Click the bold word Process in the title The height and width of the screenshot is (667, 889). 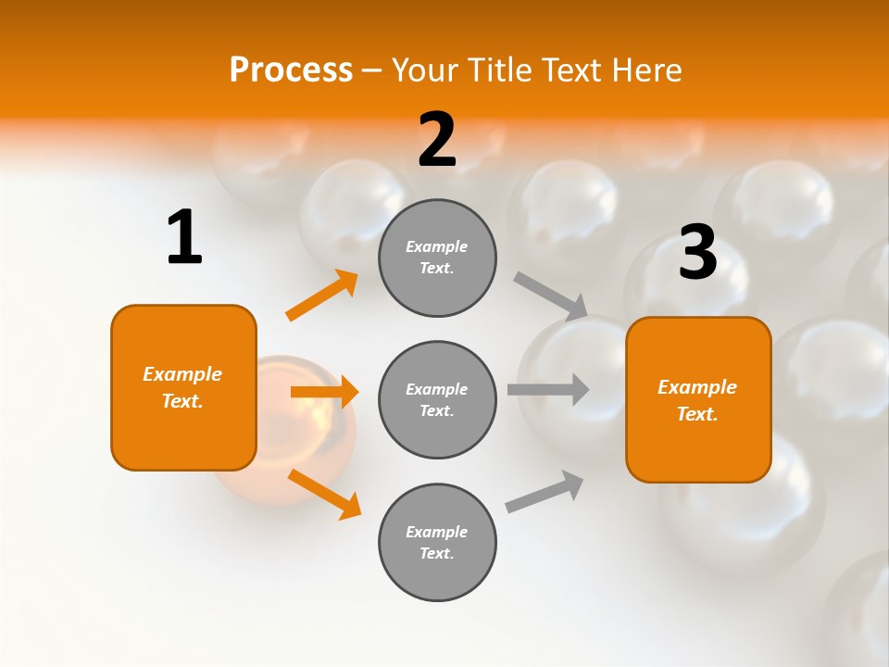pyautogui.click(x=291, y=70)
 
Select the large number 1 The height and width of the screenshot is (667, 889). pyautogui.click(x=184, y=238)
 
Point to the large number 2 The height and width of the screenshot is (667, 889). pyautogui.click(x=437, y=140)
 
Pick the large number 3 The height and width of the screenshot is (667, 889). pyautogui.click(x=697, y=252)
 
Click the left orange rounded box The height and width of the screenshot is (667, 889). pyautogui.click(x=183, y=387)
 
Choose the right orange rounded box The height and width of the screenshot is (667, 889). pyautogui.click(x=698, y=399)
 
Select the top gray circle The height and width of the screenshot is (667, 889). pyautogui.click(x=437, y=258)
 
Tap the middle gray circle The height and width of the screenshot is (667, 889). pyautogui.click(x=437, y=399)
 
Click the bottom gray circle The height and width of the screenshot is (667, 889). pyautogui.click(x=437, y=542)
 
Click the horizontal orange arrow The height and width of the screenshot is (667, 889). pyautogui.click(x=324, y=392)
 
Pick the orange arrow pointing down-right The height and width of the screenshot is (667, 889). pyautogui.click(x=324, y=494)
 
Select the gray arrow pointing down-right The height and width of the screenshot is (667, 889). pyautogui.click(x=551, y=296)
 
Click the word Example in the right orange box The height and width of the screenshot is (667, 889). pyautogui.click(x=697, y=387)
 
